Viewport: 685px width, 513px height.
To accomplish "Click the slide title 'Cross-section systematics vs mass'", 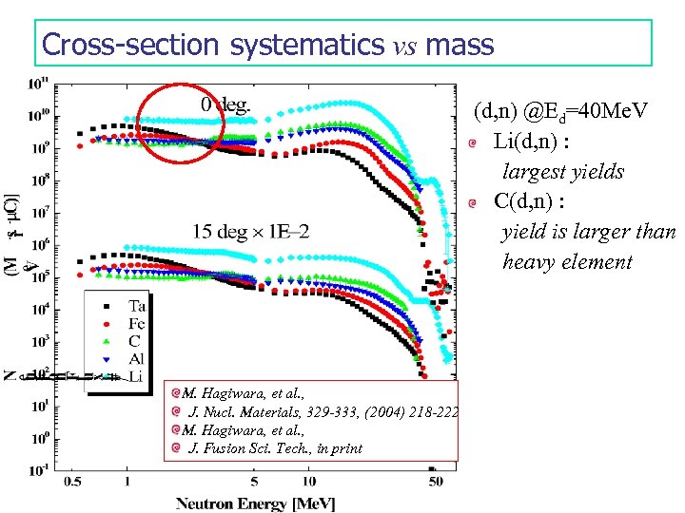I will [x=268, y=44].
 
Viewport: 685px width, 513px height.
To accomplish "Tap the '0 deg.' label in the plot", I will [x=225, y=105].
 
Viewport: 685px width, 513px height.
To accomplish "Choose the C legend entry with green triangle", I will [x=126, y=341].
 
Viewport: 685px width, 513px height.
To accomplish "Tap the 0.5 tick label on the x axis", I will [x=72, y=483].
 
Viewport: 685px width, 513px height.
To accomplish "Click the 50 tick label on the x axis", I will [x=433, y=483].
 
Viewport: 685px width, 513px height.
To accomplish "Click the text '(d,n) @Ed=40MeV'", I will [x=560, y=113].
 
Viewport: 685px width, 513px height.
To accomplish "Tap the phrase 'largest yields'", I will [x=563, y=172].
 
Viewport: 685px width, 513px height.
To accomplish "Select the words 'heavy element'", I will [x=567, y=262].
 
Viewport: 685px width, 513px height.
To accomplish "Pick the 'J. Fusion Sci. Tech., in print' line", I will [x=276, y=448].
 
